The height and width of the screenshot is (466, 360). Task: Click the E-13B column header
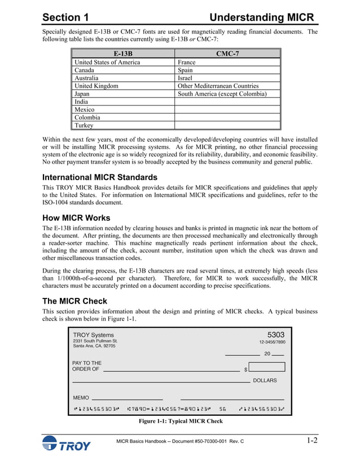(x=122, y=54)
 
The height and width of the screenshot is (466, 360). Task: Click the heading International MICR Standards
(x=100, y=177)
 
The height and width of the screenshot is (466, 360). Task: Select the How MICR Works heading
(x=76, y=218)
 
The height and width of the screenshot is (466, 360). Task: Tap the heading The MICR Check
(x=74, y=301)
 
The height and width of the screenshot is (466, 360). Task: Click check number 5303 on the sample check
(x=276, y=335)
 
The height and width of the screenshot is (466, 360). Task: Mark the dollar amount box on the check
(x=266, y=367)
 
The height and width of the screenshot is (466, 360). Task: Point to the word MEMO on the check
(x=81, y=398)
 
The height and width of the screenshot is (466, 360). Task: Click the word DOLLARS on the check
(x=265, y=381)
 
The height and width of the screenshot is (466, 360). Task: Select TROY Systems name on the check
(x=93, y=335)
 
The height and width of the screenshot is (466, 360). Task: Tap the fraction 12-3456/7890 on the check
(x=272, y=342)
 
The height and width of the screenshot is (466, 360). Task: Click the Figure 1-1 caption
(x=181, y=421)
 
